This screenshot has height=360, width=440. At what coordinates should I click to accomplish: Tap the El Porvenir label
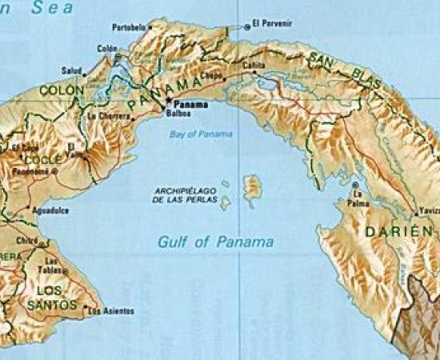271,23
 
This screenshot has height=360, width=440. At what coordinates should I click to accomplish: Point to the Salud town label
71,70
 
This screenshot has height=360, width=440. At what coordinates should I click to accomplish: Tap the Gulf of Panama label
215,241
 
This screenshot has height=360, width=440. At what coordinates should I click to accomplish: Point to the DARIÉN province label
393,231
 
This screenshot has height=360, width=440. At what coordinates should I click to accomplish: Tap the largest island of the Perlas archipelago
252,188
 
